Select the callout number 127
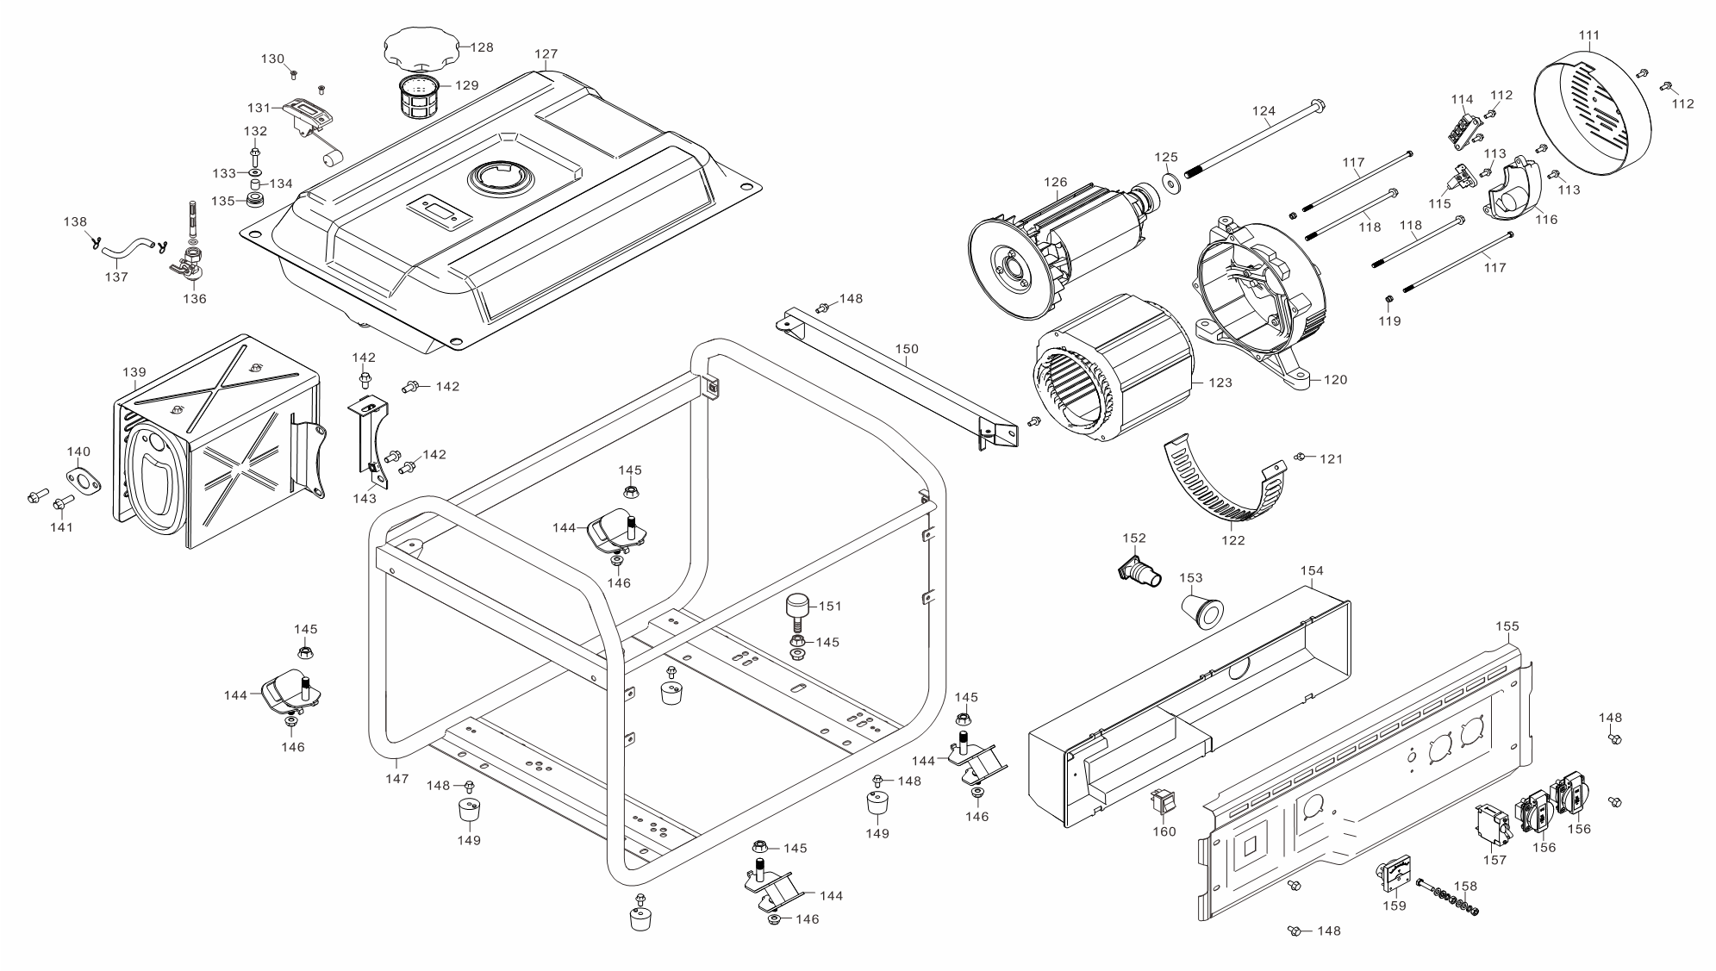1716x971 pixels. click(546, 54)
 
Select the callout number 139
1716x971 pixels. click(134, 373)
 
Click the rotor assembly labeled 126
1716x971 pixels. click(1051, 250)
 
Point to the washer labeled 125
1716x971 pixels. click(1170, 183)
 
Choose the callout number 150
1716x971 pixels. click(907, 350)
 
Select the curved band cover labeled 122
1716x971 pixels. click(1224, 491)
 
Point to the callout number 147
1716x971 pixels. click(396, 779)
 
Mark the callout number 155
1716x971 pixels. click(1507, 626)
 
